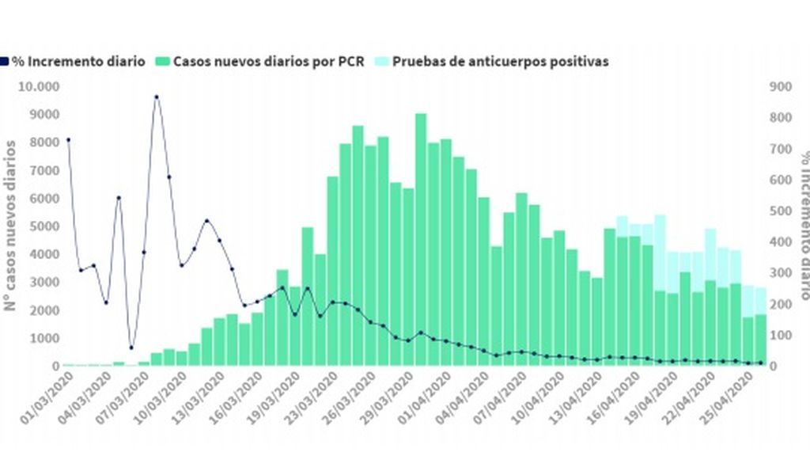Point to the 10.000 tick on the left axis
pyautogui.click(x=39, y=85)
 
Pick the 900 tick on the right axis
pyautogui.click(x=781, y=85)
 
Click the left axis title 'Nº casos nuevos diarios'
pyautogui.click(x=11, y=225)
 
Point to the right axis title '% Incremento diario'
pyautogui.click(x=802, y=225)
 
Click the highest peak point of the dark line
pyautogui.click(x=156, y=97)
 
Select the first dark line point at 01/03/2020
pyautogui.click(x=67, y=139)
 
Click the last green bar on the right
pyautogui.click(x=761, y=340)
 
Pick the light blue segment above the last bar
pyautogui.click(x=761, y=301)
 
